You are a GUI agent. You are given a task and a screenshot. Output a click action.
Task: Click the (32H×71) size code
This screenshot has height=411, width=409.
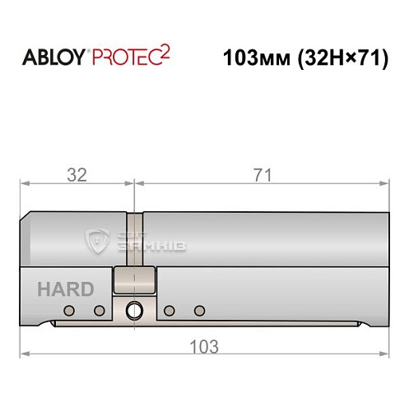[339, 60]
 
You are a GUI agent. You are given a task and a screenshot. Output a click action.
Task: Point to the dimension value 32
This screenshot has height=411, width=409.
[77, 174]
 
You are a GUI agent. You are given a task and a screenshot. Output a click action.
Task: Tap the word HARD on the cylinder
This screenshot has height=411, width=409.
[65, 289]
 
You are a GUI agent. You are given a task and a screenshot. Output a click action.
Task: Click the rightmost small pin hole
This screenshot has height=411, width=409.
[198, 310]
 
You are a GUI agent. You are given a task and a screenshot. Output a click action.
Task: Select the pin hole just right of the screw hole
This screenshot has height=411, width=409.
[168, 310]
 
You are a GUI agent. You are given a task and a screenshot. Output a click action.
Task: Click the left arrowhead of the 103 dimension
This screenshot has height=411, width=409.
[25, 354]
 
